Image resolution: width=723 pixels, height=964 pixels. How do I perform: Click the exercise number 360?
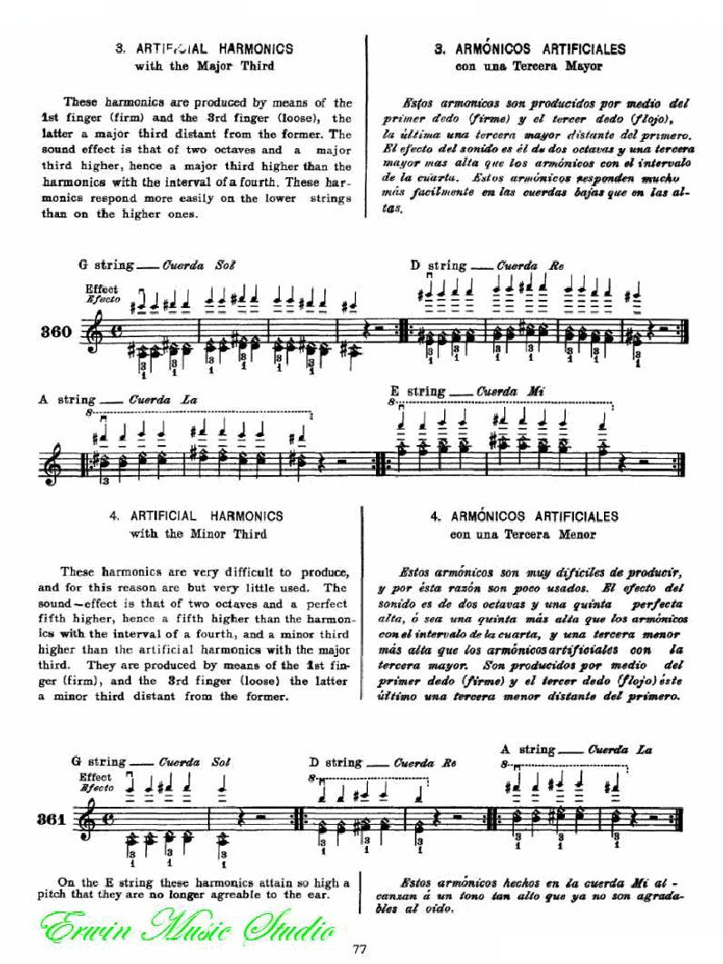click(x=55, y=332)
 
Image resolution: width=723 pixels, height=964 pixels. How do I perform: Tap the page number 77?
click(x=361, y=950)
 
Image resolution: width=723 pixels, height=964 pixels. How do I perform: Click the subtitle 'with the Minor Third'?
click(x=198, y=533)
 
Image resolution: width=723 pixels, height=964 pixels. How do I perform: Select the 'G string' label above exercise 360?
click(x=107, y=265)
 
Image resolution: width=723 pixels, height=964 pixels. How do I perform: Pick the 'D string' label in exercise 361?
click(x=335, y=762)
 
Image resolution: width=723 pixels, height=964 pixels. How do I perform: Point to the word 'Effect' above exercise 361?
click(x=95, y=777)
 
